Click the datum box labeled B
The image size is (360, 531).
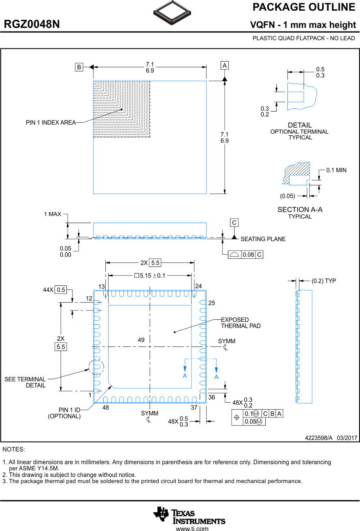click(x=79, y=67)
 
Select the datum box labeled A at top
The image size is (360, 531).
click(x=224, y=66)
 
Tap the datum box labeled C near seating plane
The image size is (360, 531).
click(x=234, y=223)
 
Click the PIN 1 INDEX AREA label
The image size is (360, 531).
click(x=50, y=123)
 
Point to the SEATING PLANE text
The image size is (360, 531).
click(x=263, y=239)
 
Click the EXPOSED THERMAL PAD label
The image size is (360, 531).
click(x=241, y=323)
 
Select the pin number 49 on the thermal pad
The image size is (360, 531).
click(x=141, y=340)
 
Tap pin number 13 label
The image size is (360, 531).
click(x=102, y=286)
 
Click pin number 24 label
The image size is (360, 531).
click(x=198, y=286)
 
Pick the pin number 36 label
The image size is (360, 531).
click(x=212, y=397)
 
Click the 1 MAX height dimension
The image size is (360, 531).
click(x=52, y=214)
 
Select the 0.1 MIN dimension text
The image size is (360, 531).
click(x=336, y=170)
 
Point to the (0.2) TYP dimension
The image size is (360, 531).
click(x=324, y=281)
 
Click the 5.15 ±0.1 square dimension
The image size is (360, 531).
click(x=150, y=276)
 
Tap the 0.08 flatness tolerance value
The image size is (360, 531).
click(x=248, y=255)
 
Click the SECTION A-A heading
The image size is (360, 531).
click(x=300, y=210)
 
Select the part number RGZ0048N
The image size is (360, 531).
click(x=32, y=25)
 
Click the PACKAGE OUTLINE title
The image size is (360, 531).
click(x=304, y=7)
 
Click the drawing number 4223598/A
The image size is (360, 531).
click(x=319, y=438)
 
